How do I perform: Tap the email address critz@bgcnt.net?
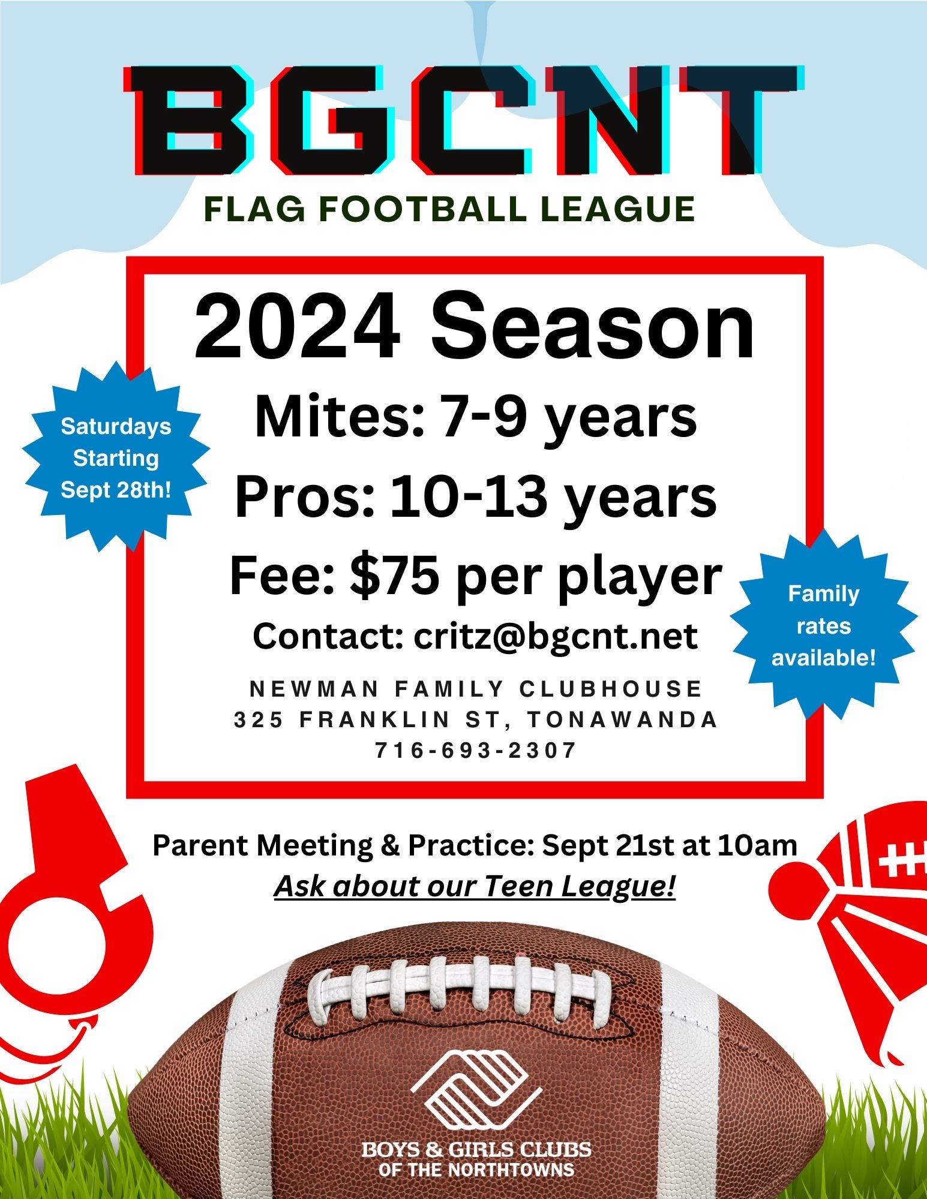[556, 636]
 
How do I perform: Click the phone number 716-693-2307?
[476, 749]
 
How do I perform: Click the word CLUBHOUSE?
[610, 689]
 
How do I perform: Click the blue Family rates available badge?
[824, 626]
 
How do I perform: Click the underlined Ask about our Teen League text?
[475, 886]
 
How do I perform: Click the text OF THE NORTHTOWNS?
[476, 1169]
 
